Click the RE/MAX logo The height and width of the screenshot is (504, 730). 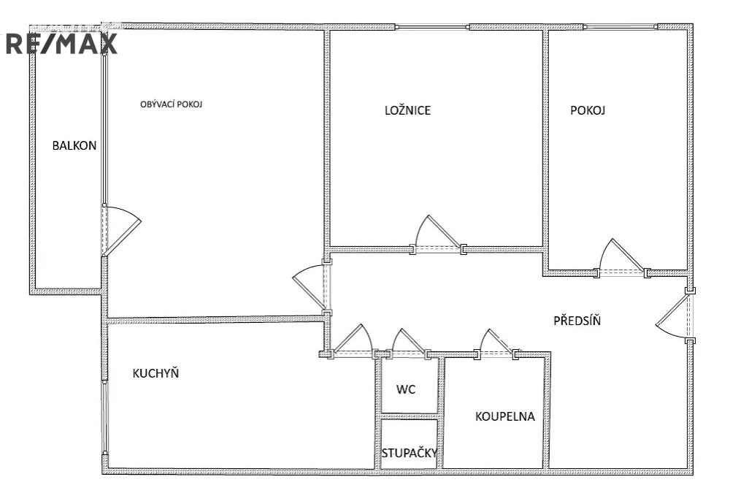tap(61, 44)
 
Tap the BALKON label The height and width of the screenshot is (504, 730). tap(74, 146)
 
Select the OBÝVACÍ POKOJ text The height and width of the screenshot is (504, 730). tap(172, 104)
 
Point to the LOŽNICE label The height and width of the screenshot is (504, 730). tap(407, 110)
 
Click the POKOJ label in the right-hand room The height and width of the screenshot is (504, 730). tap(588, 110)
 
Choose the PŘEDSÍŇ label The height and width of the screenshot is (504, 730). tap(577, 320)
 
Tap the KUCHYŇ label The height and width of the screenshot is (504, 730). tap(155, 373)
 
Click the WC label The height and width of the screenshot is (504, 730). tap(406, 389)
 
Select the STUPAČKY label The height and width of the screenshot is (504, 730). tap(410, 453)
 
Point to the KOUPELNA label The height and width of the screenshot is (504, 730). tap(504, 416)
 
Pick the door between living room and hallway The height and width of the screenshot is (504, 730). tap(309, 288)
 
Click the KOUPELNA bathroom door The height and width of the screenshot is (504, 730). tap(497, 341)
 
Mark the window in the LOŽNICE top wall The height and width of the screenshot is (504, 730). tap(432, 27)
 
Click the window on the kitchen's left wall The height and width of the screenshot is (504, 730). tap(105, 417)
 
